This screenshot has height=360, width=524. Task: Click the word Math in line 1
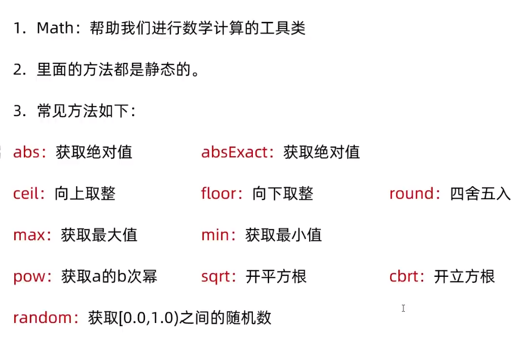(x=55, y=28)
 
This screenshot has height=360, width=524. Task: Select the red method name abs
(x=26, y=152)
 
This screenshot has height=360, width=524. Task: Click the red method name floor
(x=219, y=194)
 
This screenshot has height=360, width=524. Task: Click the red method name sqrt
(x=216, y=277)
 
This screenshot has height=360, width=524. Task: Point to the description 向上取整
(x=85, y=194)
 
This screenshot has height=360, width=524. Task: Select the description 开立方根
(x=465, y=277)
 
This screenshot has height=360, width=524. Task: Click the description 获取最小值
(x=284, y=235)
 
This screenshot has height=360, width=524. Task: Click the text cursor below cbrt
(x=403, y=308)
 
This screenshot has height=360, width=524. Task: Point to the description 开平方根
(x=276, y=277)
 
